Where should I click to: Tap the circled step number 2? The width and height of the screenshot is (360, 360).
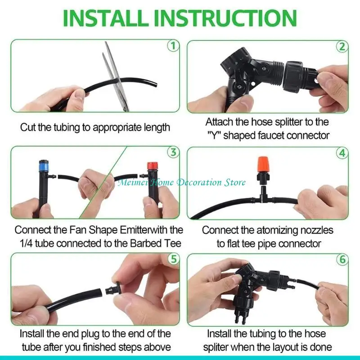point(343,46)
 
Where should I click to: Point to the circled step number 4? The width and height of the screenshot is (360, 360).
point(343,152)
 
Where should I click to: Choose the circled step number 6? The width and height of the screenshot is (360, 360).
point(343,259)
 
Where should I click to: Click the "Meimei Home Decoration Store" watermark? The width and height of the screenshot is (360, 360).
point(181,182)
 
